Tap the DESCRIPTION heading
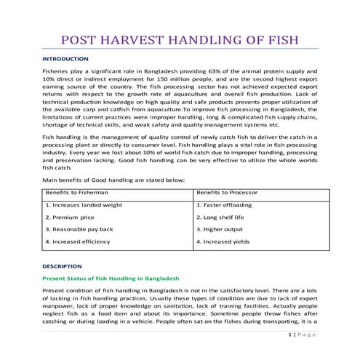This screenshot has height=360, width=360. click(63, 266)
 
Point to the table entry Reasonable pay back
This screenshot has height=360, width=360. click(79, 229)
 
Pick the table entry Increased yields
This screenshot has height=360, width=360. click(222, 241)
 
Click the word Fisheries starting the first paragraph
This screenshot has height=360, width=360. click(56, 73)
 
